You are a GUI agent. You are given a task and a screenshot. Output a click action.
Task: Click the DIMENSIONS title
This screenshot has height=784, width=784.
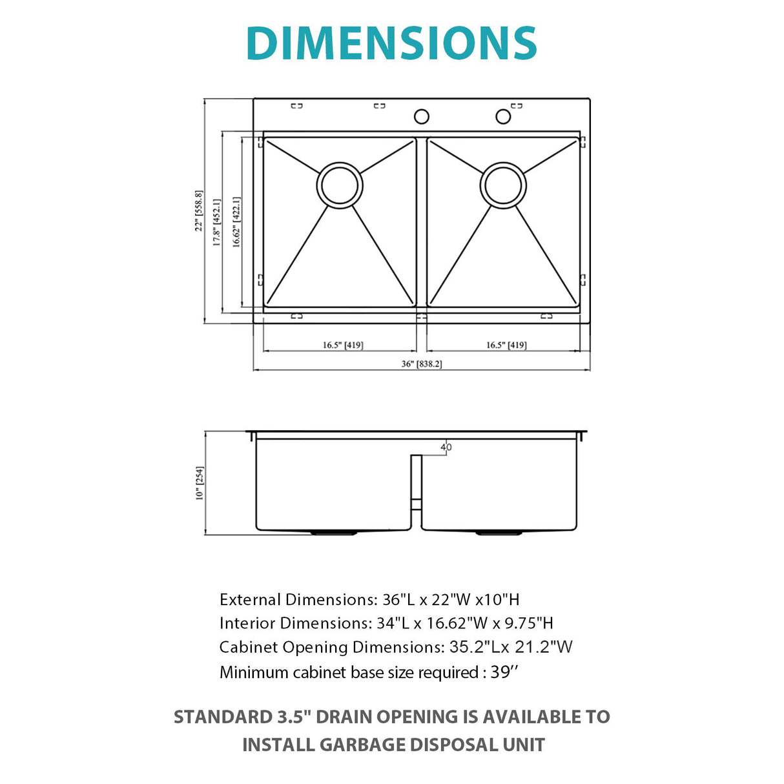click(x=391, y=43)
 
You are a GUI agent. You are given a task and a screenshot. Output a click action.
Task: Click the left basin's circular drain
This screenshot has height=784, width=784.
click(x=340, y=185)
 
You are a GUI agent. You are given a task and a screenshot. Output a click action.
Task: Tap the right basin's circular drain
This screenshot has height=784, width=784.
click(x=503, y=185)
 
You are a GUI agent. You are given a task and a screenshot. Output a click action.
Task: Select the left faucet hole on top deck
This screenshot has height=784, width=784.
click(x=421, y=117)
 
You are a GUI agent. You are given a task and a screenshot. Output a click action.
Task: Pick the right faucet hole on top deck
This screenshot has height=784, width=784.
click(x=503, y=116)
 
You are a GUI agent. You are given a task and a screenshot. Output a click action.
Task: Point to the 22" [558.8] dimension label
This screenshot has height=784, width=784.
click(x=200, y=211)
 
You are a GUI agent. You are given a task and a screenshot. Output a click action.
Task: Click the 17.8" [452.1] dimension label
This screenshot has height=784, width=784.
click(x=217, y=222)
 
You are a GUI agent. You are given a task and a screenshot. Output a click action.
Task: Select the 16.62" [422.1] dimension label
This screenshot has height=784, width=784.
click(x=236, y=222)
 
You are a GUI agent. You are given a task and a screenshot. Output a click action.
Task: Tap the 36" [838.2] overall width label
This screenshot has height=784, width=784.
click(x=421, y=364)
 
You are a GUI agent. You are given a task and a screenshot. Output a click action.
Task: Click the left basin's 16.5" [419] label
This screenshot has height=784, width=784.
click(x=342, y=345)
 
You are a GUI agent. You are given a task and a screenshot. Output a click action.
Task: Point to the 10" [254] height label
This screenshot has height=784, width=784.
click(x=200, y=482)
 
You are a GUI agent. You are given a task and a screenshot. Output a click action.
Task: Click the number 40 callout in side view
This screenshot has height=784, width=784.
click(x=446, y=447)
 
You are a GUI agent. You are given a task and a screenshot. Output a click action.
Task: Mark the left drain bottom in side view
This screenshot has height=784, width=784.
click(x=334, y=533)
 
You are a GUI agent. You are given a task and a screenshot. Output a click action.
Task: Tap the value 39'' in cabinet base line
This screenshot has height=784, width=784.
click(x=504, y=672)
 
